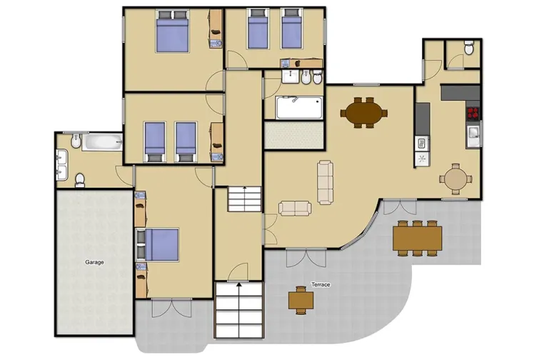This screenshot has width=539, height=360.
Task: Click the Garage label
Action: [x=95, y=262]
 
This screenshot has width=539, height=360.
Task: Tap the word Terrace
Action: [x=321, y=285]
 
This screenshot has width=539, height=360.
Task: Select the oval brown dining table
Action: [x=363, y=111]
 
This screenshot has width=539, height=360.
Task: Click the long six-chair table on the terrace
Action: [x=417, y=236]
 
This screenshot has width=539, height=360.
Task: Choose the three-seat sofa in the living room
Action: [x=326, y=180]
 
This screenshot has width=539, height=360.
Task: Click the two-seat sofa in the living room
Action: [x=295, y=208]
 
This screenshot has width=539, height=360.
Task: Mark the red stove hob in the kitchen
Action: [x=472, y=112]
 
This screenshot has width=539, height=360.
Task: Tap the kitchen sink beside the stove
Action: [x=472, y=132]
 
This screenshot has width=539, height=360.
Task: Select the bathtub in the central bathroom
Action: [x=298, y=109]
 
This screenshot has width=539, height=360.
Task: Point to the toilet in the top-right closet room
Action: [x=469, y=49]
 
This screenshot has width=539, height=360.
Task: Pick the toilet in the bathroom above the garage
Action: [x=81, y=177]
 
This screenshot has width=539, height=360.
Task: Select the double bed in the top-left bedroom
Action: [x=172, y=33]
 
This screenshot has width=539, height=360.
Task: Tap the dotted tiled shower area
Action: [x=294, y=136]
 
